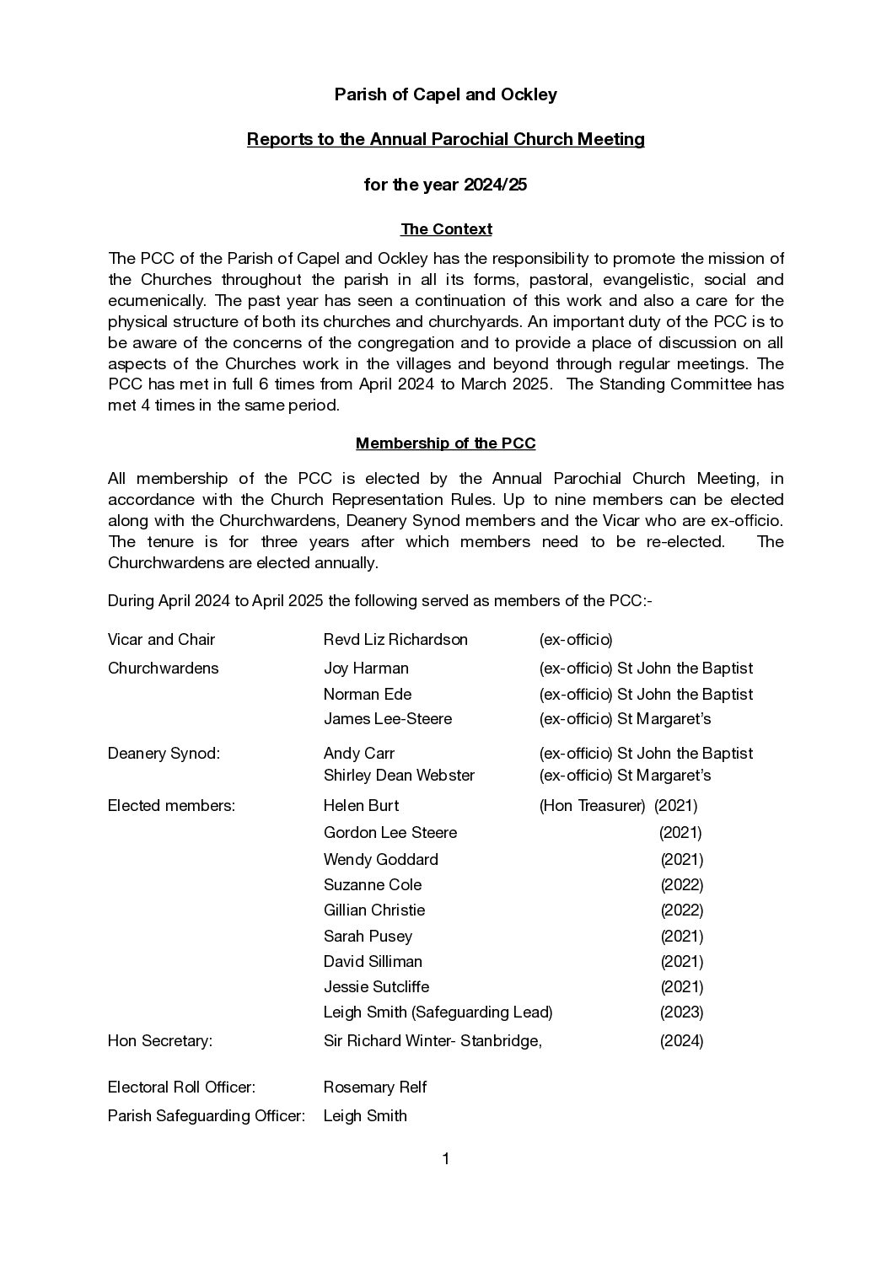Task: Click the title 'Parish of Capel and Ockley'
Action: click(445, 94)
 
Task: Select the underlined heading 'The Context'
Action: click(446, 229)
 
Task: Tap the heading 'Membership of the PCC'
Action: click(445, 443)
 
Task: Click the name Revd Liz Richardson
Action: click(395, 640)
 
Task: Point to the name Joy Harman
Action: click(366, 669)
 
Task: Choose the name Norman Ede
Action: click(368, 695)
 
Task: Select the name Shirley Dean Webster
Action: click(399, 776)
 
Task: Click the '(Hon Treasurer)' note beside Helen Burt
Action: click(592, 806)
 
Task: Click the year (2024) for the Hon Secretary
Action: click(681, 1041)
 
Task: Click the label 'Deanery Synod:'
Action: click(164, 754)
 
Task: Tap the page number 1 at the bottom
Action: click(446, 1160)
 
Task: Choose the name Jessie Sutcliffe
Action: click(376, 987)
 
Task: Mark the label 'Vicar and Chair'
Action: click(161, 640)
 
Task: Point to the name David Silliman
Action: click(373, 962)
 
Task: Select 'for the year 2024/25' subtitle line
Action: click(445, 185)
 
